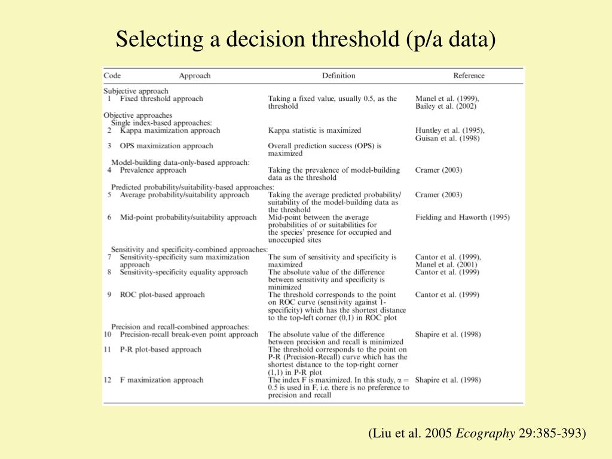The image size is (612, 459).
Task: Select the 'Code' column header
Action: [112, 76]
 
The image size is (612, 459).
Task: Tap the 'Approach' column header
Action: [195, 76]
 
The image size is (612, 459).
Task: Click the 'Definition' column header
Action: [338, 76]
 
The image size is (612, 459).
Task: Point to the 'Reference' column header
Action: [469, 76]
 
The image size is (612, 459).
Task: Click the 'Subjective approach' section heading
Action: [136, 91]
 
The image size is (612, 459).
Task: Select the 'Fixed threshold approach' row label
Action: [161, 99]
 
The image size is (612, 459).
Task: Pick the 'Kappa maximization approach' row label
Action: [170, 130]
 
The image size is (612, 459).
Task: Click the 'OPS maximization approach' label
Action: [166, 146]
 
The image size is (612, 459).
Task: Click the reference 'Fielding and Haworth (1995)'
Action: [462, 218]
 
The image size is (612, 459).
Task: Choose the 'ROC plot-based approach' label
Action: [162, 295]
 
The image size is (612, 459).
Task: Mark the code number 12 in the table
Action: [108, 380]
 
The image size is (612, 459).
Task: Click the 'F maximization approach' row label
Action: [161, 380]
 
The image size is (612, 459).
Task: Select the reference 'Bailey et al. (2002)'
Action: [445, 106]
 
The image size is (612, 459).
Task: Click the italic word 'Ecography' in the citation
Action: [485, 433]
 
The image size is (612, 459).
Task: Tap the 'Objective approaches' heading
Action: [137, 115]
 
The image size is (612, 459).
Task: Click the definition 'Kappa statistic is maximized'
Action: [314, 130]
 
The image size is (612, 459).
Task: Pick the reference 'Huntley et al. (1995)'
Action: [449, 130]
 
